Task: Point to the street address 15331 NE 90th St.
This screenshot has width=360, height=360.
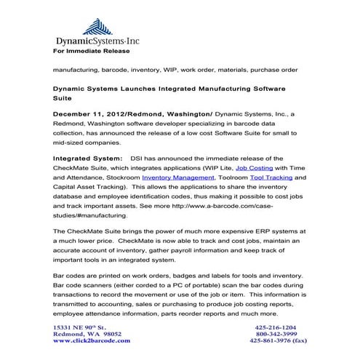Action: [x=80, y=328]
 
